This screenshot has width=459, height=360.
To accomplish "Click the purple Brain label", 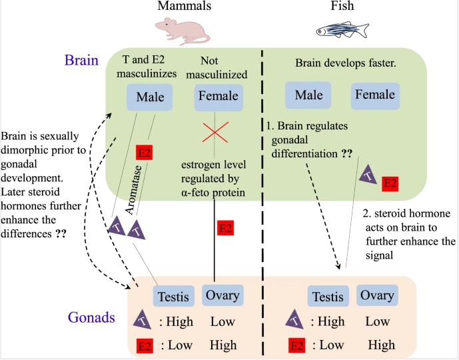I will [x=81, y=61].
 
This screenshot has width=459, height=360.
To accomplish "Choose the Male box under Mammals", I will [x=150, y=97].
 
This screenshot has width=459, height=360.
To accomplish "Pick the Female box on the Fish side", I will [x=375, y=95].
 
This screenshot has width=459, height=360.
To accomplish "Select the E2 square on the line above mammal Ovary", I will [x=226, y=228].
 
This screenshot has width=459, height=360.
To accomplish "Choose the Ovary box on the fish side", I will [x=376, y=295].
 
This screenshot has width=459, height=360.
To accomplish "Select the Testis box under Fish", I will [x=328, y=296].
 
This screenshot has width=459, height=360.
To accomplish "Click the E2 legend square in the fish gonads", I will [x=296, y=345].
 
